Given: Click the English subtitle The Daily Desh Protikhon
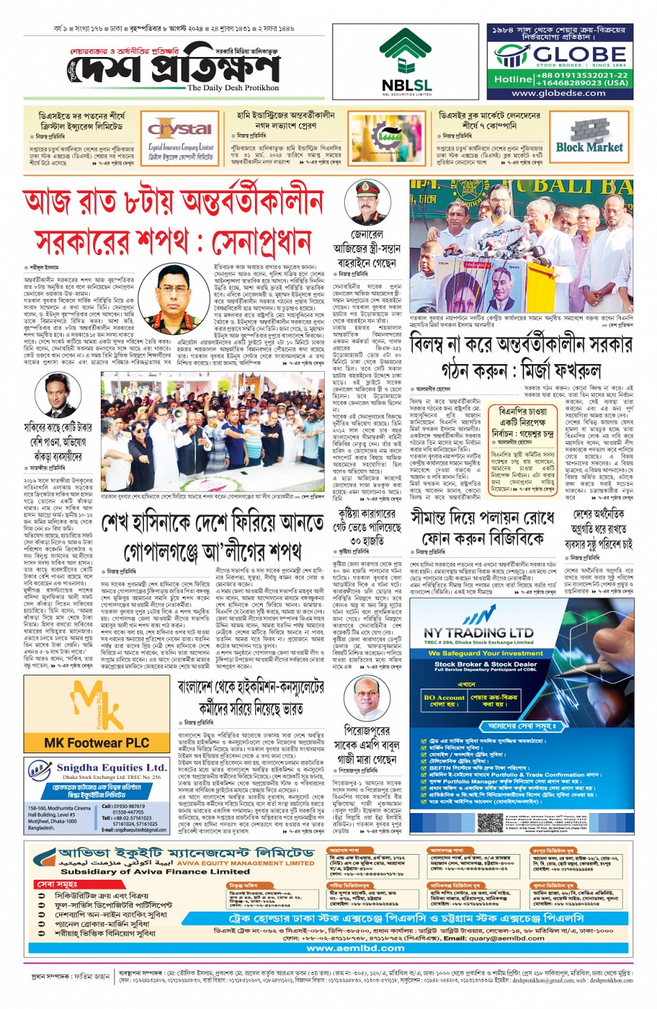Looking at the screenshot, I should click(233, 88).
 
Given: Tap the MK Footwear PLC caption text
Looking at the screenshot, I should click(96, 742).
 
